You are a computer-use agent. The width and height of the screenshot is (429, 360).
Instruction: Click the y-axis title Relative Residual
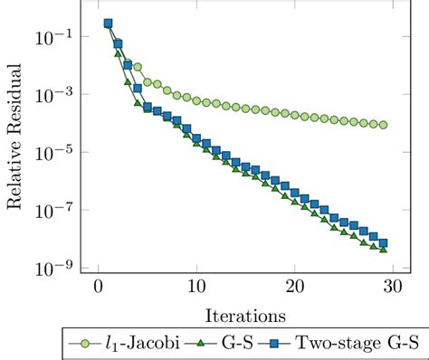pos(14,147)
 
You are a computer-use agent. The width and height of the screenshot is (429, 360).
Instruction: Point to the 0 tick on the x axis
pos(98,287)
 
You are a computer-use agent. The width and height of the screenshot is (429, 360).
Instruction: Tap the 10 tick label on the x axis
pos(196,287)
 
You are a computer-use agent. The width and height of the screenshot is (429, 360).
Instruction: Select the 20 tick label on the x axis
pos(294,287)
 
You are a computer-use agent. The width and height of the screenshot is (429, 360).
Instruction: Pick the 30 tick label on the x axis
pos(393,287)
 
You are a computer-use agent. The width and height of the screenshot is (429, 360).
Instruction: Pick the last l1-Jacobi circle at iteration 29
pos(383,125)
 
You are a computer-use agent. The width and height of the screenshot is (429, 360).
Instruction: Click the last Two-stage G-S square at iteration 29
pos(383,242)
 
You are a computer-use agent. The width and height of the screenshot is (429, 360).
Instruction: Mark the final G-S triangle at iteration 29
pos(383,249)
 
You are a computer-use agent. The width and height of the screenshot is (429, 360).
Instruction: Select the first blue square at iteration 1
pos(108,24)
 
